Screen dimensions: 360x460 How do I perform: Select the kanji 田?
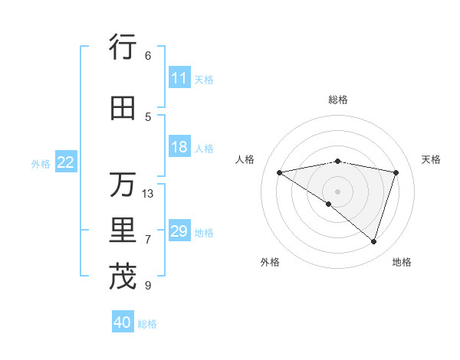tap(123, 109)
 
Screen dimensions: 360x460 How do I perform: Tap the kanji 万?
tap(123, 185)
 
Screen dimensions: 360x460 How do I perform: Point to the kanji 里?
tap(123, 231)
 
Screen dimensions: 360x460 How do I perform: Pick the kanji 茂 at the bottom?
tap(123, 277)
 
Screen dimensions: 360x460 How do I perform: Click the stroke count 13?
tap(148, 193)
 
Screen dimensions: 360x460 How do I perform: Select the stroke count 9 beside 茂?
tap(147, 286)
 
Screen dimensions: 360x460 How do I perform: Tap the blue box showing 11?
tap(179, 78)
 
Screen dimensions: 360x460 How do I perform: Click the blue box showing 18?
tap(179, 147)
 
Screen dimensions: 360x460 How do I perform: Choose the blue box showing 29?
tap(179, 231)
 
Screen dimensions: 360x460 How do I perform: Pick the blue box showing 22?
tap(66, 162)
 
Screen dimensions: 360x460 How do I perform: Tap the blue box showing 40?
tap(123, 322)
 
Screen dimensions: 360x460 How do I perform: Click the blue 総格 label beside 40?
tap(147, 324)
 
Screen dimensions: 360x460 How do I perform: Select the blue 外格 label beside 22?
tap(41, 163)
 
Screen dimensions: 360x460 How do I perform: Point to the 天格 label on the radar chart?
tap(431, 159)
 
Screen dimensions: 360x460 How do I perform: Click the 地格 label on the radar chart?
tap(402, 262)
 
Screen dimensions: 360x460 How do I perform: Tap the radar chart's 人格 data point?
tap(279, 172)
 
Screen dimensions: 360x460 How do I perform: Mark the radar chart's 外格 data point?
tap(329, 204)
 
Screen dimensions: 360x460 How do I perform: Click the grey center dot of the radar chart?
tap(337, 191)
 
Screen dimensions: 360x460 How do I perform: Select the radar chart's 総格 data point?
tap(337, 161)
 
